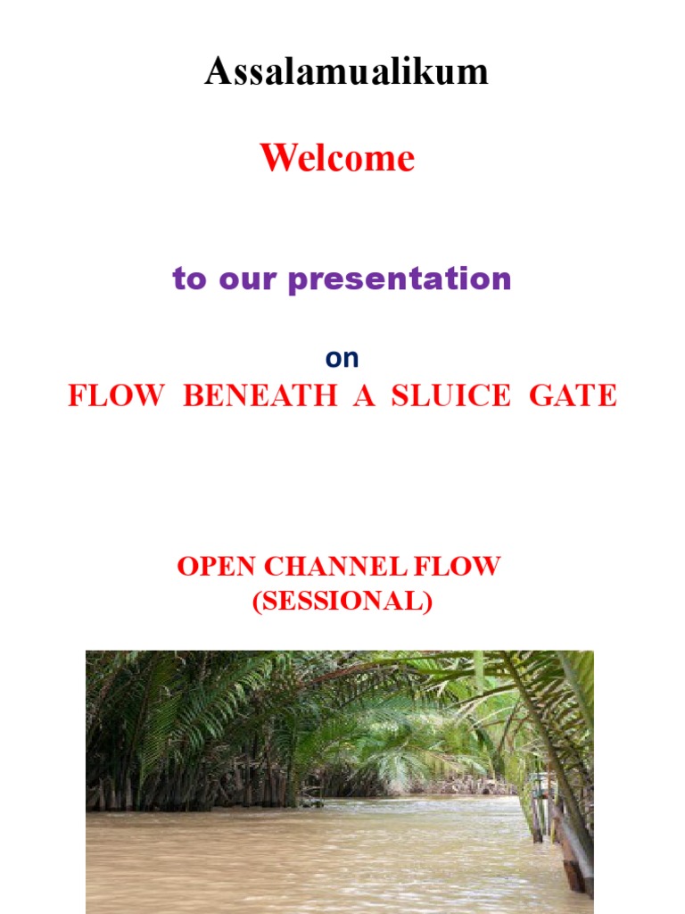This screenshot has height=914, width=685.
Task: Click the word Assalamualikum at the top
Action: (x=346, y=71)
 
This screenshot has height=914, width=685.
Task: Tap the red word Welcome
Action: (x=337, y=159)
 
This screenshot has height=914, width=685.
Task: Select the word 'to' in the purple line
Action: (x=188, y=279)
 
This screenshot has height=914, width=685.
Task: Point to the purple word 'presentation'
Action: (x=400, y=279)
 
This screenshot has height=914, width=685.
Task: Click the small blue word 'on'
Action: (x=342, y=358)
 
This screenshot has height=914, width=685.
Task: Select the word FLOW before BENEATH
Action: (x=116, y=395)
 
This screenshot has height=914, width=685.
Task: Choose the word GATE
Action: (x=573, y=395)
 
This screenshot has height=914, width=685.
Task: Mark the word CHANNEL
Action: (x=332, y=566)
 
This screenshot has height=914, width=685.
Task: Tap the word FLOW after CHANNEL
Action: (x=460, y=566)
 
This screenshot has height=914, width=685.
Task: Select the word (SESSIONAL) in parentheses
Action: (x=342, y=602)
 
